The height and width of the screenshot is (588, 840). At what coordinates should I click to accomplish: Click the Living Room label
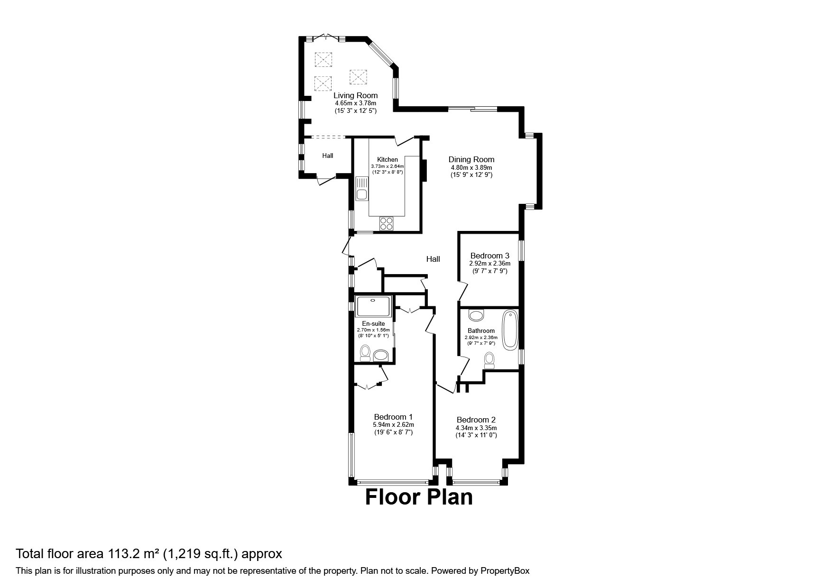(355, 95)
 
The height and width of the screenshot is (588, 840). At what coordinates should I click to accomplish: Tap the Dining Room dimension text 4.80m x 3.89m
(471, 167)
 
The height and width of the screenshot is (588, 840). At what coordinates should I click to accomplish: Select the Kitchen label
(387, 159)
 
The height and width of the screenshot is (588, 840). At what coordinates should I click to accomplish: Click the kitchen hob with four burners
(387, 223)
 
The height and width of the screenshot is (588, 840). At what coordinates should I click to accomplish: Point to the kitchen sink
(362, 194)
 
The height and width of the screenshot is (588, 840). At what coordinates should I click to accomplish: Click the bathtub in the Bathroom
(510, 330)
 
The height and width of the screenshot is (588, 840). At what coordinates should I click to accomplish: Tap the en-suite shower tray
(374, 306)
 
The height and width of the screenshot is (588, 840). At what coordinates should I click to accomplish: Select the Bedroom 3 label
(489, 256)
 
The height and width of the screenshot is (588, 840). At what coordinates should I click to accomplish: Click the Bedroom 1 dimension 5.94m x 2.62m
(393, 425)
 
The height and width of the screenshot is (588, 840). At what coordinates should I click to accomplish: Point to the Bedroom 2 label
(476, 420)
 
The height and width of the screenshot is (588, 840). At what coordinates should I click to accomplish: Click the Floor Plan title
(419, 497)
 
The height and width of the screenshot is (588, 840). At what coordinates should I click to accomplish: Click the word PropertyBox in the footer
(504, 571)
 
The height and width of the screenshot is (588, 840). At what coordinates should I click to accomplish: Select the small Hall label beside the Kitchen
(327, 156)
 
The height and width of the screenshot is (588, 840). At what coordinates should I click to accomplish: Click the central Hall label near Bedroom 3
(433, 259)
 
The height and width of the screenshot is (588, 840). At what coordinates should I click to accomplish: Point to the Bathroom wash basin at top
(476, 315)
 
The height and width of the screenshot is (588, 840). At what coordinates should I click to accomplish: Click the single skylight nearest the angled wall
(358, 76)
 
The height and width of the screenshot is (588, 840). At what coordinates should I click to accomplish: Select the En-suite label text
(373, 323)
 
